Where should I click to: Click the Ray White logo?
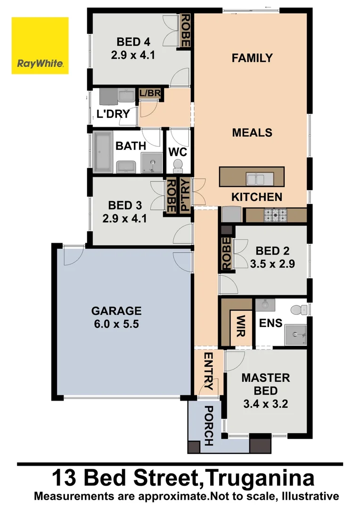pyautogui.click(x=40, y=46)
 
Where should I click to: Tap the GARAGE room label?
pyautogui.click(x=116, y=311)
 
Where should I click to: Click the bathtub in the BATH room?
pyautogui.click(x=101, y=151)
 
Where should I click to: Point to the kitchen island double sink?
pyautogui.click(x=257, y=179)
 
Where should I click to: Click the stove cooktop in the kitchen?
pyautogui.click(x=276, y=215)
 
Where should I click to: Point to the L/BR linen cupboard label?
pyautogui.click(x=149, y=93)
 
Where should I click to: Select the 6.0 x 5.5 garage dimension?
pyautogui.click(x=116, y=324)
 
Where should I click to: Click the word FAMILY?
pyautogui.click(x=252, y=58)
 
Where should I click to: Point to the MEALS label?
pyautogui.click(x=252, y=132)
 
